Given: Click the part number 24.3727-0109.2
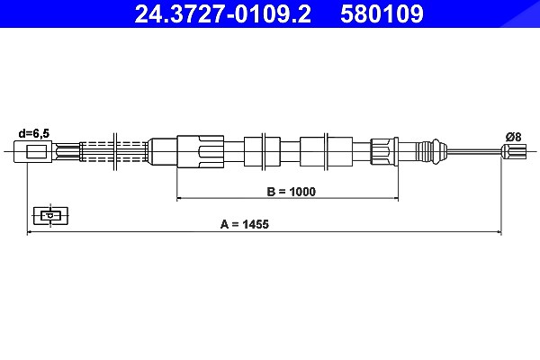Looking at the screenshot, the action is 223,13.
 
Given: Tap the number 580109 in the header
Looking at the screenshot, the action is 382,13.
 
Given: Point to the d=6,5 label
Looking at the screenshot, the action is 34,133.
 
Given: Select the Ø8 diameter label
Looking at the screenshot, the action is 514,137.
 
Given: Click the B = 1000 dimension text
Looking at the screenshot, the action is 291,192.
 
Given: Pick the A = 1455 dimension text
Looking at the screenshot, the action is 245,224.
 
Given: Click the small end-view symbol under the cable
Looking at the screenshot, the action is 50,216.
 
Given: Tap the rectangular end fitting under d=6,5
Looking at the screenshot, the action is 33,151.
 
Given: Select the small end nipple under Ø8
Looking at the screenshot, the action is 514,151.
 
